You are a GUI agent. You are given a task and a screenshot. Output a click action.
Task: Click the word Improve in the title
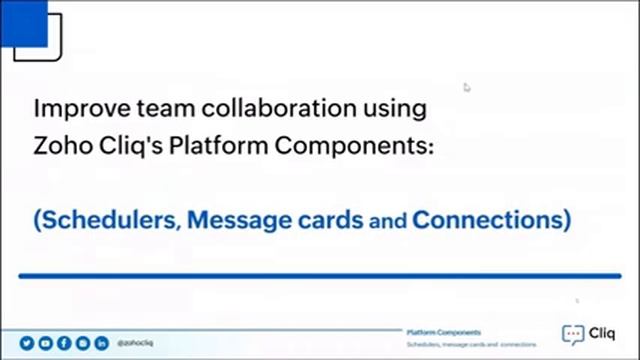click(x=68, y=107)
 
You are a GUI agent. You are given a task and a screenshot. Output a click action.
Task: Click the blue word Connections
click(x=492, y=217)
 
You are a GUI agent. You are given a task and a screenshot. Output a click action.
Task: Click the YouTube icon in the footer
click(x=46, y=342)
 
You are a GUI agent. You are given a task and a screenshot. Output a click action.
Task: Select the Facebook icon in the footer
click(x=64, y=342)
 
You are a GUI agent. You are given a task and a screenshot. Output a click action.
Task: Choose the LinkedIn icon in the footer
click(x=101, y=342)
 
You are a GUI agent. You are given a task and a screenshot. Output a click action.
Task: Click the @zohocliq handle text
click(x=135, y=342)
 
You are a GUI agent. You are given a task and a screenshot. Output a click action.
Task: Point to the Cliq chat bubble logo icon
click(x=573, y=335)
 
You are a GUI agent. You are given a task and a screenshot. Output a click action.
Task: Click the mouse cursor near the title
click(x=467, y=87)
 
